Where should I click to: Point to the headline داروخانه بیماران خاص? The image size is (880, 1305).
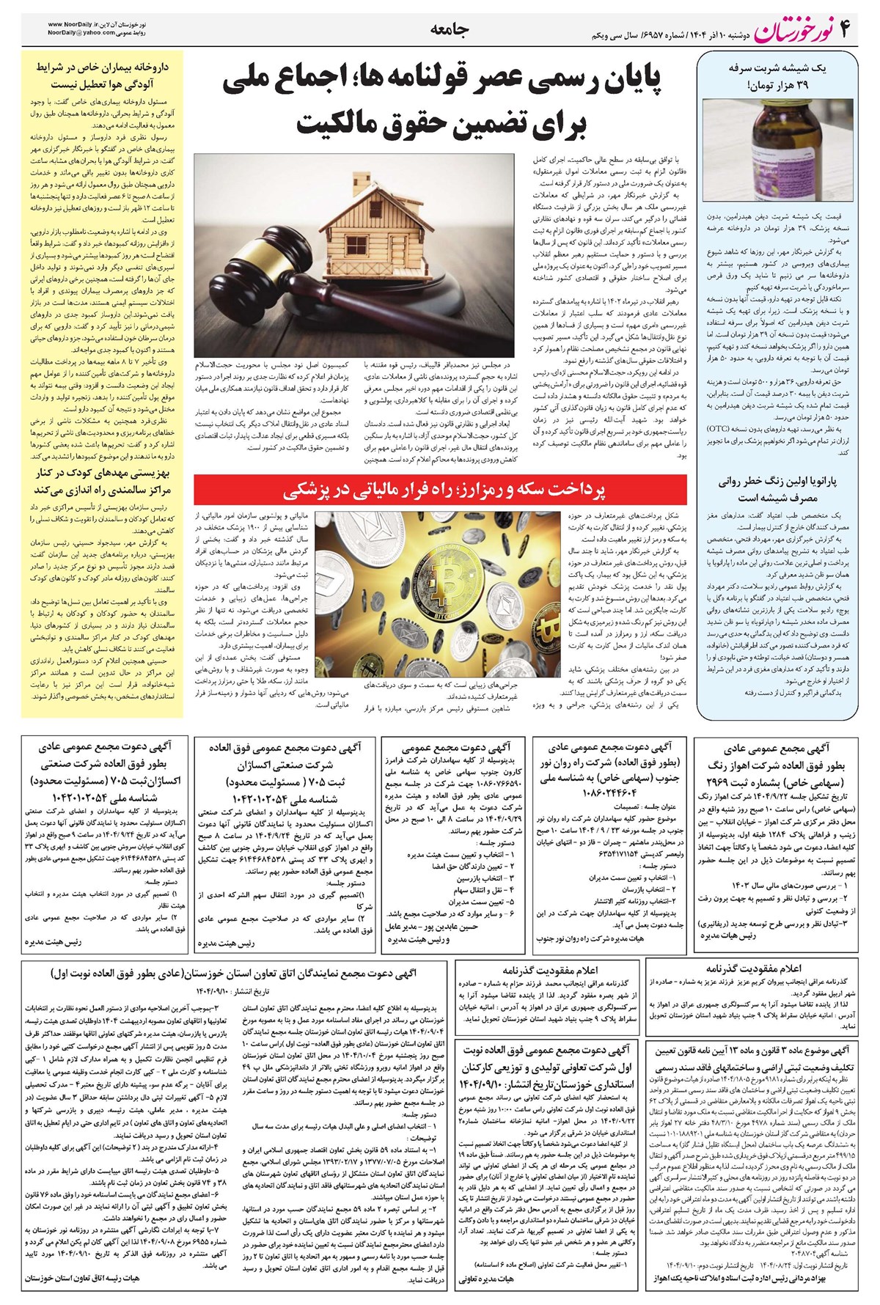103,67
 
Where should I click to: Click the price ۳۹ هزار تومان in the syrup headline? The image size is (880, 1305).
783,87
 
